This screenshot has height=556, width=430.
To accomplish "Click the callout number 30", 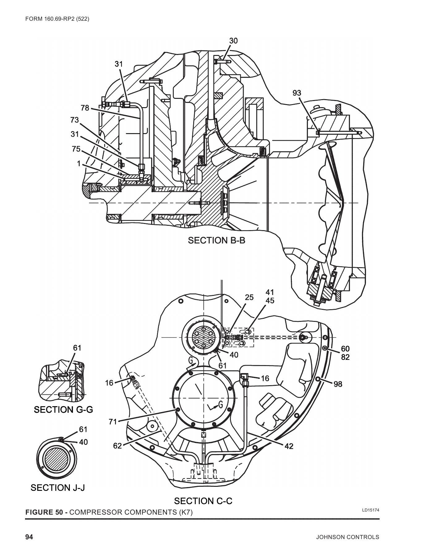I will coord(233,41).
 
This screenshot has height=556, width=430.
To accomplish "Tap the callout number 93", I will coord(297,93).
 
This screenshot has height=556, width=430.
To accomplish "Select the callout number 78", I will coord(85,108).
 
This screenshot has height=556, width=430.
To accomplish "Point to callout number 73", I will coord(75,120).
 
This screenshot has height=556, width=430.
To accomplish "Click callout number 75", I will coord(76,149).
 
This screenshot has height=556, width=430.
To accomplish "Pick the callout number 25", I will coord(249,297).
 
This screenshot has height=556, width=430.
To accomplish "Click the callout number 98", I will coord(338,384).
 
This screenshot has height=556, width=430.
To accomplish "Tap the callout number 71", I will coord(113,421).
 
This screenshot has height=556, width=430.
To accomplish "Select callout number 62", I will coord(117,445).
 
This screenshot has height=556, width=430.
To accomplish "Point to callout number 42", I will coord(289,446).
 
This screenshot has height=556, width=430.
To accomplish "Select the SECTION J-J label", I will coord(58,488).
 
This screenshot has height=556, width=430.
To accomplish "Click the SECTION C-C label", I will coord(203,501).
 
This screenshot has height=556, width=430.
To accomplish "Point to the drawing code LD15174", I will coord(370,510).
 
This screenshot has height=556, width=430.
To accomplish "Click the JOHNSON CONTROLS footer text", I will coord(347,537).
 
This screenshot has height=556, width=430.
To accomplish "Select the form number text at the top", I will coord(57,19).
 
